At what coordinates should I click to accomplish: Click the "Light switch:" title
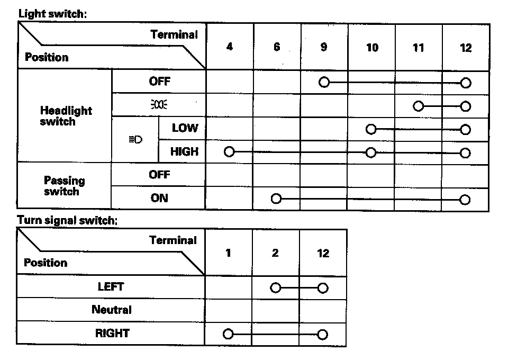click(x=52, y=14)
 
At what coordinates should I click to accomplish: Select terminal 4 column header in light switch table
click(x=229, y=47)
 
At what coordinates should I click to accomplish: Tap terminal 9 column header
click(x=324, y=47)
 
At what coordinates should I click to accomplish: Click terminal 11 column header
click(x=419, y=48)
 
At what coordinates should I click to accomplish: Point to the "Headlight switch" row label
click(x=66, y=116)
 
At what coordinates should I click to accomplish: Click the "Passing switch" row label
click(x=65, y=186)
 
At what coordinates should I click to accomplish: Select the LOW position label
click(x=185, y=128)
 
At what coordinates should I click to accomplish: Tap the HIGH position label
click(x=184, y=152)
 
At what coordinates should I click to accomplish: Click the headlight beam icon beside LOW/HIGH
click(x=135, y=140)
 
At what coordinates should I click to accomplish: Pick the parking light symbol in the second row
click(x=159, y=105)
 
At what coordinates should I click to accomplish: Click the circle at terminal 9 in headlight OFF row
click(x=324, y=83)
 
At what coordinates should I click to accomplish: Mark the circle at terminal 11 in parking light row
click(x=419, y=106)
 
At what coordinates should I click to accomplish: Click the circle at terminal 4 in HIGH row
click(x=229, y=152)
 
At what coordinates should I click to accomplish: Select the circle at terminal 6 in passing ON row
click(x=276, y=199)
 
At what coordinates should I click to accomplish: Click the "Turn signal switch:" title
click(x=67, y=220)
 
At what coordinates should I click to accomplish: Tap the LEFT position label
click(x=111, y=286)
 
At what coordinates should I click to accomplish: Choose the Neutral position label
click(x=112, y=310)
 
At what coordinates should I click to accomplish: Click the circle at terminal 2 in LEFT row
click(x=275, y=288)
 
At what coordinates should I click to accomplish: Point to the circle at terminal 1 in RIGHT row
click(x=228, y=335)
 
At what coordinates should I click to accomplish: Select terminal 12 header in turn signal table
click(x=323, y=253)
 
